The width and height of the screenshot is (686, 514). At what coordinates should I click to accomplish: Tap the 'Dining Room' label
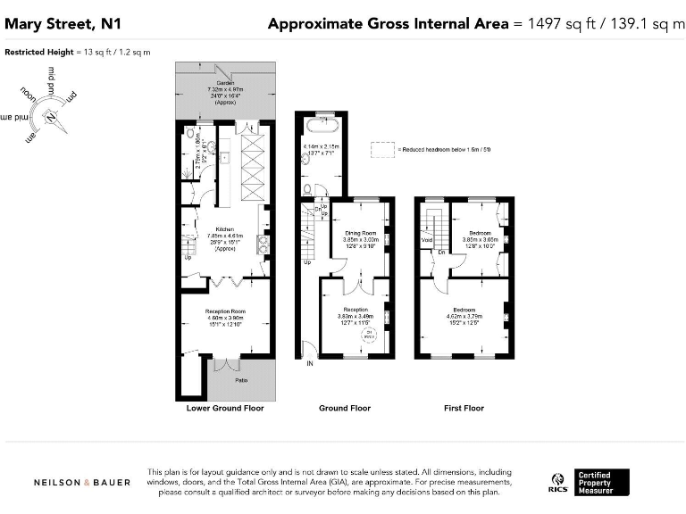[x=362, y=233]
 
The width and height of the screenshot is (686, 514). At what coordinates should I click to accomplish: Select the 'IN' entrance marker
[x=311, y=364]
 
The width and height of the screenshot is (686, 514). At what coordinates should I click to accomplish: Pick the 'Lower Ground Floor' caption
[x=225, y=408]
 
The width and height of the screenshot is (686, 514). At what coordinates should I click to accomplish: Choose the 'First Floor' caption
[x=464, y=408]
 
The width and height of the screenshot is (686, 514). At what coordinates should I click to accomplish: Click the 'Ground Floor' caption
[x=345, y=408]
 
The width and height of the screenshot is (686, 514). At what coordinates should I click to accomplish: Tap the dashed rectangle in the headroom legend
[x=383, y=148]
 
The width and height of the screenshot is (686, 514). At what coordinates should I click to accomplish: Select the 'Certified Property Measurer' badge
[x=602, y=482]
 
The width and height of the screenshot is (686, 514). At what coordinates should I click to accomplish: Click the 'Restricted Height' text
[x=40, y=53]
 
